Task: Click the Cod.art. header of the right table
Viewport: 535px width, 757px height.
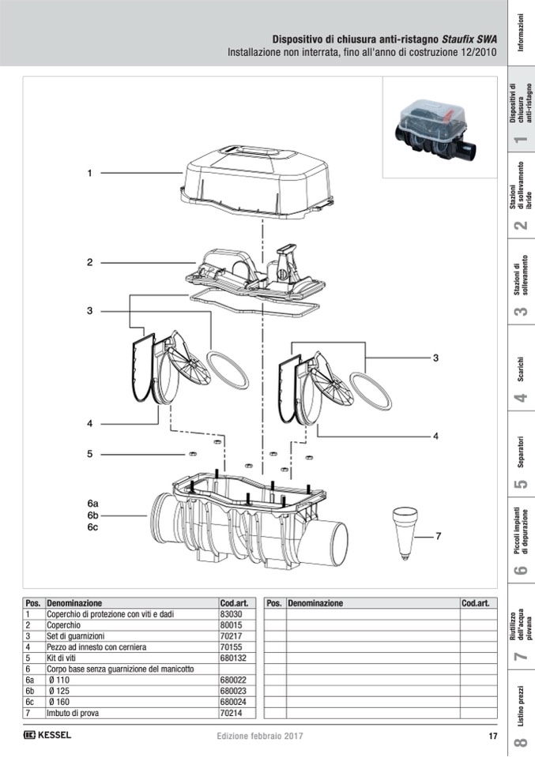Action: point(474,603)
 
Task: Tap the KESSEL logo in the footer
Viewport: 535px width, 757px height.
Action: point(48,736)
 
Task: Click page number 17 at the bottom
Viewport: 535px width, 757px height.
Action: point(492,736)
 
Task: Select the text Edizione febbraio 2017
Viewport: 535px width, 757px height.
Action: point(260,736)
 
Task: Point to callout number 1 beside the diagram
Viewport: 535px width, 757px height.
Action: point(90,173)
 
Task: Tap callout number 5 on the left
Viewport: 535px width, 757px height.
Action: point(90,454)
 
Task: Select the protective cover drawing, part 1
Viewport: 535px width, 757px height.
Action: point(253,178)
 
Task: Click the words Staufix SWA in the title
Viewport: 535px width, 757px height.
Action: point(469,39)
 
